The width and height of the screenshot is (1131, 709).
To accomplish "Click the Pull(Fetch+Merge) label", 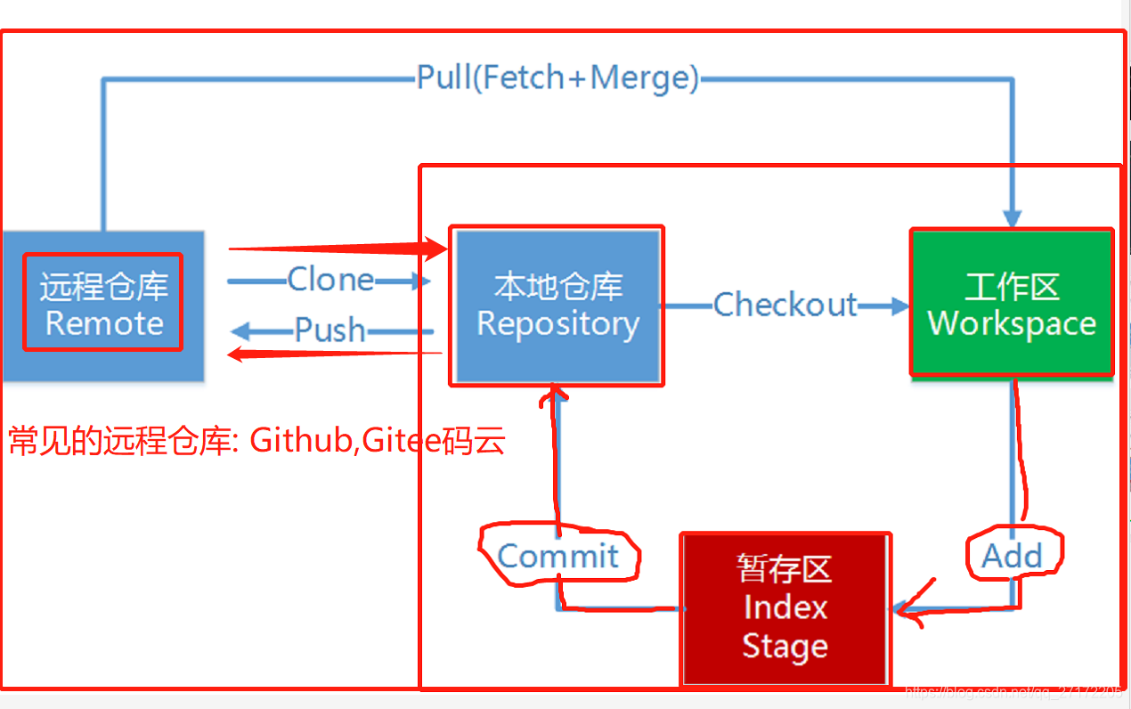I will [x=557, y=78].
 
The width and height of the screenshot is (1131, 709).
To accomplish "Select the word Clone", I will [x=330, y=280].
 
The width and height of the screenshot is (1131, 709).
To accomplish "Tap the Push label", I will [x=330, y=330].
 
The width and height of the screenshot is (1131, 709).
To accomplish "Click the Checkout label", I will [x=785, y=305].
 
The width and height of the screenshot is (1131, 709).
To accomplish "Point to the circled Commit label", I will [x=557, y=557].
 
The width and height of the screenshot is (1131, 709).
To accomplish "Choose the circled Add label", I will [x=1012, y=557].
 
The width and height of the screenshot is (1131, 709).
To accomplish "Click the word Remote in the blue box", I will [x=104, y=322].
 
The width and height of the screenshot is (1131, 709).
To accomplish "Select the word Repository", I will [x=557, y=324].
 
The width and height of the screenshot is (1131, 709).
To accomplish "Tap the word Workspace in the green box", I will [x=1012, y=323].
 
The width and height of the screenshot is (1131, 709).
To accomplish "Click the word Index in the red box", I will [x=785, y=607].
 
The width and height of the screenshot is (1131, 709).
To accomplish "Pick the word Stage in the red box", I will [x=785, y=647].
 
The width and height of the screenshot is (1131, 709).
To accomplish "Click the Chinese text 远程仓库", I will [x=104, y=287].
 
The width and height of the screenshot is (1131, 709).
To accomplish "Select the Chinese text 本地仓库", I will [x=557, y=287].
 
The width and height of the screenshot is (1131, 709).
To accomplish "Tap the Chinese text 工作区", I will [x=1012, y=287].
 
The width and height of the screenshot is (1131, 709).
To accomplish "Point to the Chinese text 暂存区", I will [x=785, y=568].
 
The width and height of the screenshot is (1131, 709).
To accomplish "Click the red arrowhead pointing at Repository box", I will [x=437, y=249].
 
